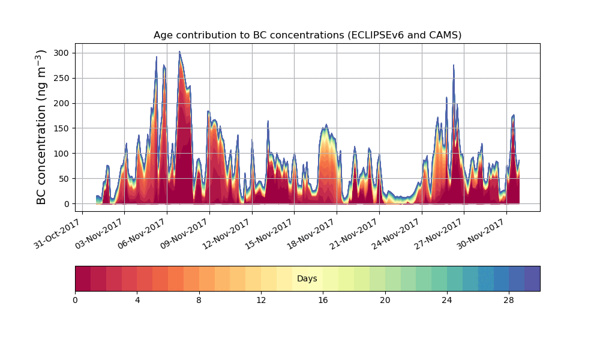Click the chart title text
point(307,35)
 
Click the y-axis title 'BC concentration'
point(41,127)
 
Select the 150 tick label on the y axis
point(62,128)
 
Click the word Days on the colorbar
point(307,279)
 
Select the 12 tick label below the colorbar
point(261,300)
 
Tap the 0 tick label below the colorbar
point(76,300)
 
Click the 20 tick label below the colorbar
point(385,300)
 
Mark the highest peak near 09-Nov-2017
point(179,52)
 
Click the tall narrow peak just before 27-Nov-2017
point(454,65)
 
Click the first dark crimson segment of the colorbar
point(83,278)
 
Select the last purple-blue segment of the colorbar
point(532,278)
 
